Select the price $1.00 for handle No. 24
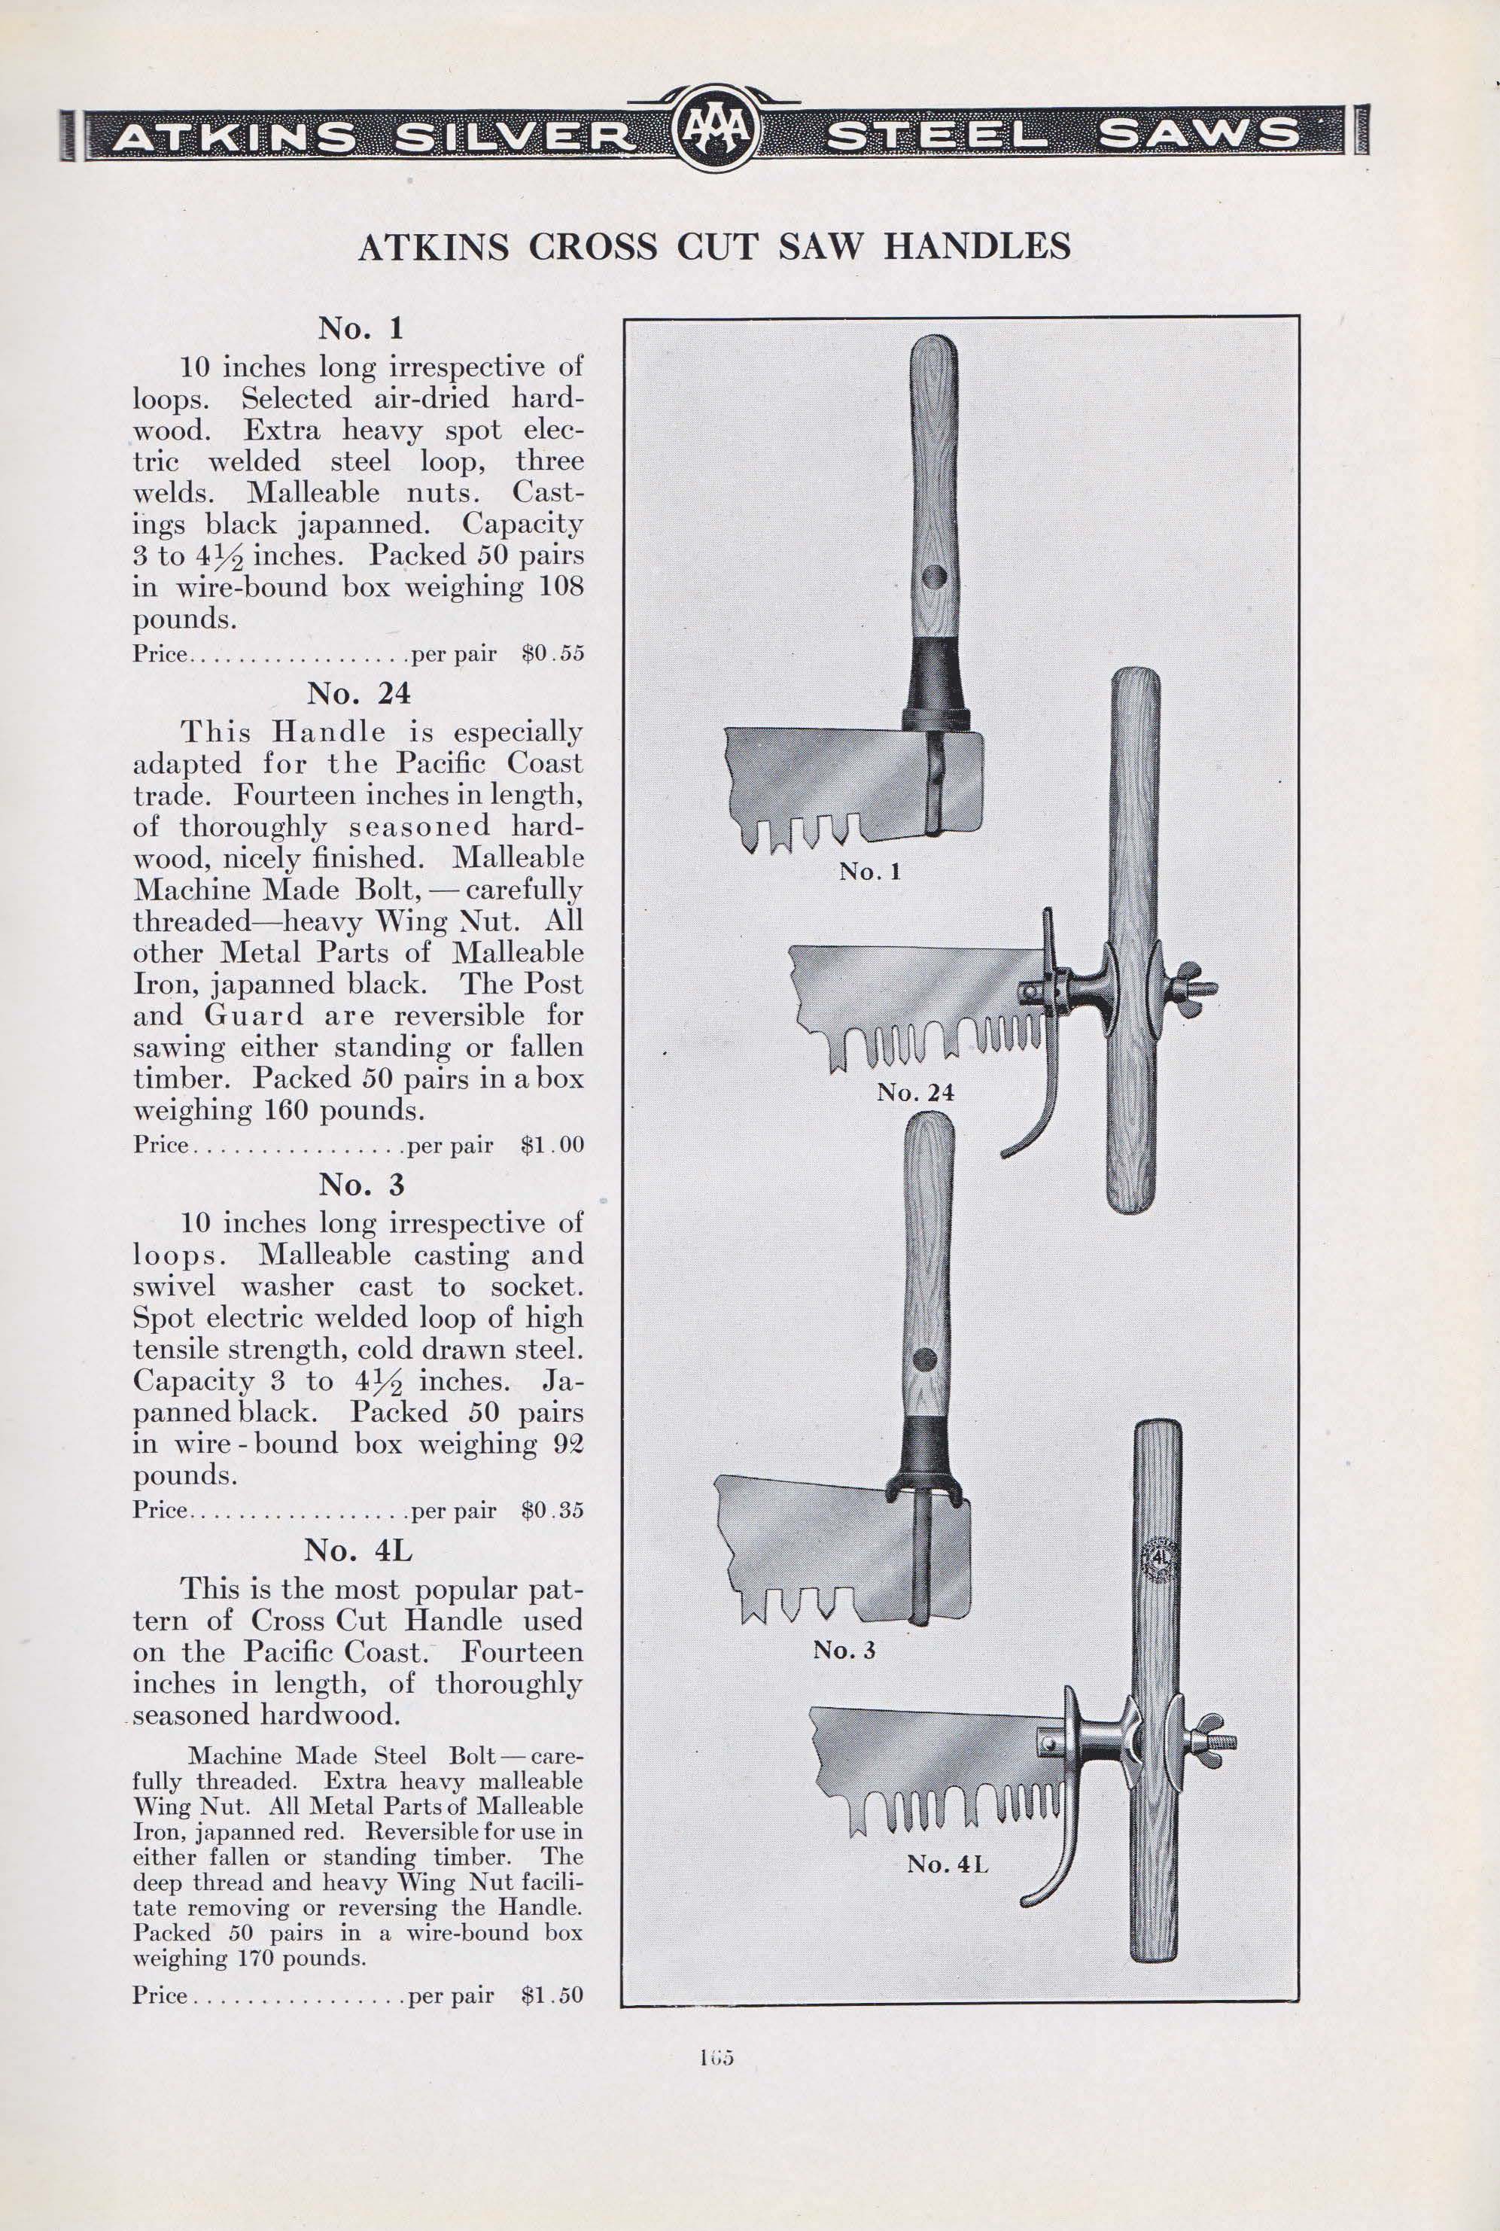coord(552,1145)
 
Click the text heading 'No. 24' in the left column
coord(361,692)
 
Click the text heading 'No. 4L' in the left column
coord(361,1550)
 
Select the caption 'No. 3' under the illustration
coord(844,1648)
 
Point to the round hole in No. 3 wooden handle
coord(924,1359)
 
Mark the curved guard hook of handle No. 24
coord(1028,1127)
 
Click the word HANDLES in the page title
coord(977,248)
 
